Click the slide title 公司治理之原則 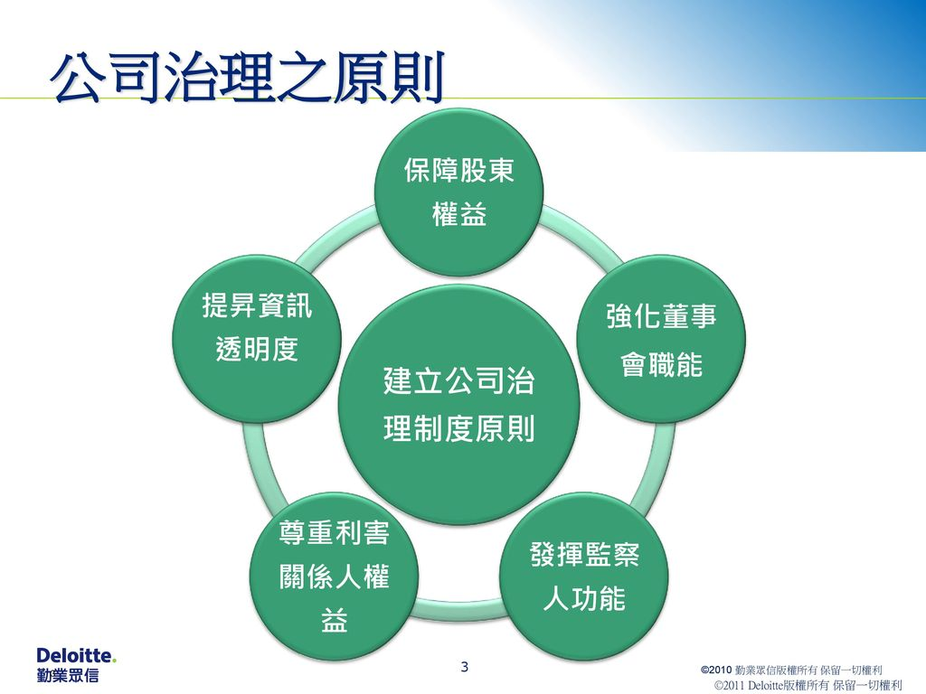coord(248,78)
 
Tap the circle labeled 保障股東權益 coord(458,192)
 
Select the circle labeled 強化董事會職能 coord(661,339)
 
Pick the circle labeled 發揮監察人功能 coord(584,577)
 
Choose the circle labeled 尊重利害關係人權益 coord(335,577)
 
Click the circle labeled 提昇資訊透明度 coord(257,339)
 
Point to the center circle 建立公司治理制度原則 coord(458,405)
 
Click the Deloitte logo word coord(76,655)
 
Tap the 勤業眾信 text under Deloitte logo coord(68,674)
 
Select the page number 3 coord(464,667)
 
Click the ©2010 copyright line coord(791,670)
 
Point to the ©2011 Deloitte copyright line coord(808,685)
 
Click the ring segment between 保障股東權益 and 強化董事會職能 coord(581,234)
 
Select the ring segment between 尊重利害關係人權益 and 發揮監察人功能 coord(458,610)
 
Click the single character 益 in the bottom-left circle coord(335,620)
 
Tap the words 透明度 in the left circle coord(257,350)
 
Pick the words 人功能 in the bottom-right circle coord(584,598)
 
